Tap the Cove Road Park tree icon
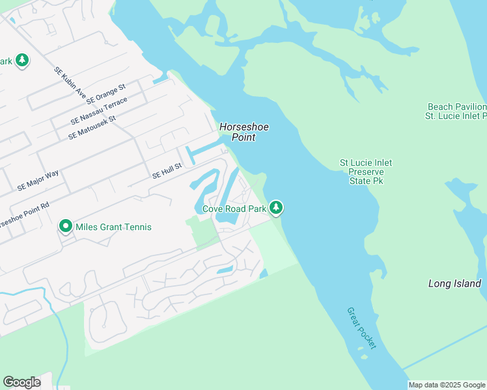[277, 208]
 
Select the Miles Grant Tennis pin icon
[66, 226]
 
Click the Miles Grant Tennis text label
[113, 227]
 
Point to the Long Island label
[454, 283]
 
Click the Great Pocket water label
[361, 328]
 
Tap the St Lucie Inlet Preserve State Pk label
[366, 172]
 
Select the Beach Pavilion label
[456, 111]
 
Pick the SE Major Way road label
[38, 180]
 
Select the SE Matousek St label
[91, 127]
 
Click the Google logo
[21, 382]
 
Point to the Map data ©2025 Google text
[447, 385]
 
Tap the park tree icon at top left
[22, 61]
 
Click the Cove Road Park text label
[234, 209]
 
